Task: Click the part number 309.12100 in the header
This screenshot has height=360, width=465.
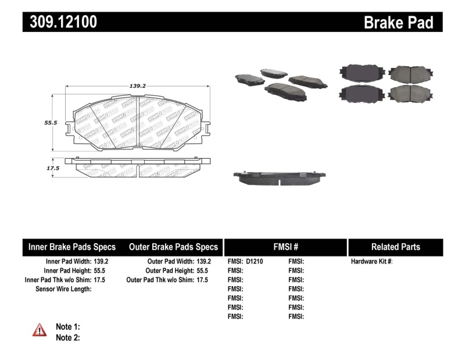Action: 60,22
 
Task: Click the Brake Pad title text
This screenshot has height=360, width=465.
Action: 398,23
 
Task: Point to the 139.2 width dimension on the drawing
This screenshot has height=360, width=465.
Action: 137,85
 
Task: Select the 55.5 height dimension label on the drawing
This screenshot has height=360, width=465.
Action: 51,123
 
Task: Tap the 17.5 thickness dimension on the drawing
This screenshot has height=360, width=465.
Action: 53,168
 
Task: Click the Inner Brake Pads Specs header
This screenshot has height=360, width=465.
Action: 72,247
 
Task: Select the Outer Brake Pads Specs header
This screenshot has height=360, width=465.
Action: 173,247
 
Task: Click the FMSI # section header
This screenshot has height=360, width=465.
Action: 285,247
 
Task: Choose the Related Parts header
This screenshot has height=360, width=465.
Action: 395,247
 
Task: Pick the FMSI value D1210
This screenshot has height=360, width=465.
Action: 255,262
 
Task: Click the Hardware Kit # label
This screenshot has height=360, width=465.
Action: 371,262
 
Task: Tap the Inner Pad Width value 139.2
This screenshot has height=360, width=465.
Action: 101,262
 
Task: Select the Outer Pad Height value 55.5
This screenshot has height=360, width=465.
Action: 203,271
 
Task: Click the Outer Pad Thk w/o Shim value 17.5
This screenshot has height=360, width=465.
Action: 203,280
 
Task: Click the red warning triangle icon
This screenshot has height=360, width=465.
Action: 40,330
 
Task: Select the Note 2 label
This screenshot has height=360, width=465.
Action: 67,337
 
